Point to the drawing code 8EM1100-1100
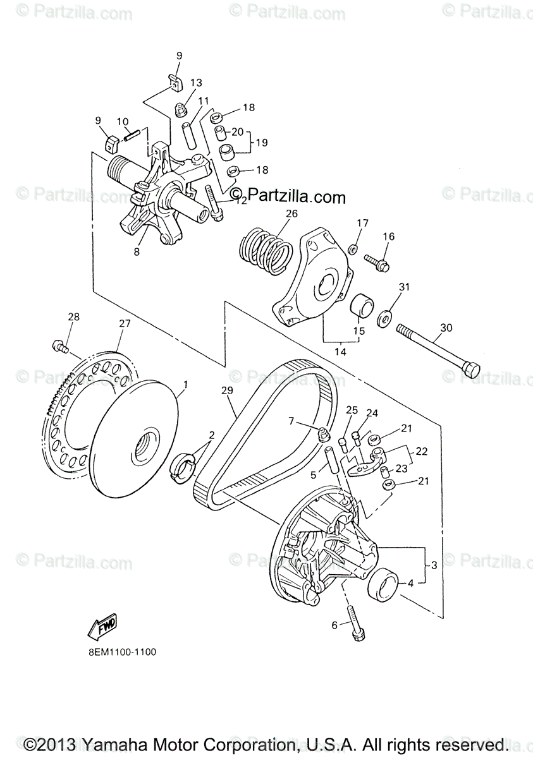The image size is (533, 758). click(x=118, y=651)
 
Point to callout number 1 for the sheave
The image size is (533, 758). click(x=185, y=384)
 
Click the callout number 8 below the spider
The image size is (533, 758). click(x=137, y=251)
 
